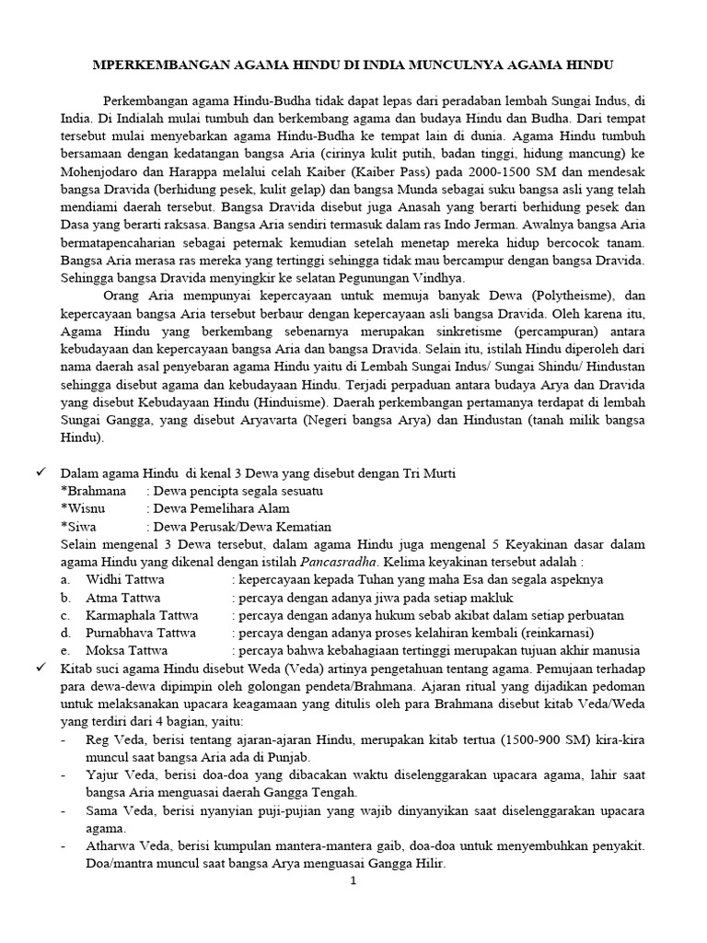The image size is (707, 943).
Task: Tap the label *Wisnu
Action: [x=83, y=508]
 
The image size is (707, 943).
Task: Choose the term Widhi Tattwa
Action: [x=123, y=580]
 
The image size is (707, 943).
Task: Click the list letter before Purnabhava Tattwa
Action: [x=65, y=633]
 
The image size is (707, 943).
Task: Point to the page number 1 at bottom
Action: [x=353, y=881]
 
